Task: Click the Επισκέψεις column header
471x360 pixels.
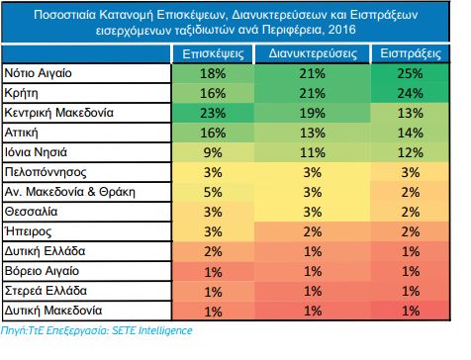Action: (213, 54)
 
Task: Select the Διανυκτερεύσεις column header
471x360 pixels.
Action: (313, 53)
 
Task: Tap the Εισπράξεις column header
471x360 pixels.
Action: (411, 53)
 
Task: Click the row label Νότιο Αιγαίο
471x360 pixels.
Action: (38, 73)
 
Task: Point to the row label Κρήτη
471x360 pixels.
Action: (21, 93)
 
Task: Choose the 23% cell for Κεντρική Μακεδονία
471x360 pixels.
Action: (213, 114)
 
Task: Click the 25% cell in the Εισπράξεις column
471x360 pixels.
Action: (410, 73)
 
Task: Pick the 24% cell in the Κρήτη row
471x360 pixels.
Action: (410, 93)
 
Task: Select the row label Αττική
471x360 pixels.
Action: (21, 133)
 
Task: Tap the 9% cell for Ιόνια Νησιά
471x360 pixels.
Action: (213, 152)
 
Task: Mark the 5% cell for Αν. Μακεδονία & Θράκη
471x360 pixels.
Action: (213, 192)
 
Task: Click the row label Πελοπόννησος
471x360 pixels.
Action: (46, 172)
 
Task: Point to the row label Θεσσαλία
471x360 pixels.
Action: (31, 212)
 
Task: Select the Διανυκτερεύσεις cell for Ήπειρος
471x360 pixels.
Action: (313, 231)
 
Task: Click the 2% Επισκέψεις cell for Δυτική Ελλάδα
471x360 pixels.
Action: (213, 252)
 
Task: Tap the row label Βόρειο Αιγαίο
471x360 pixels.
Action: (42, 271)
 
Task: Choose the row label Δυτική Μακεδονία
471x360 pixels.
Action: (53, 311)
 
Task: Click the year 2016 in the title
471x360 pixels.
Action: (341, 30)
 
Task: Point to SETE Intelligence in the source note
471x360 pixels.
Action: (152, 330)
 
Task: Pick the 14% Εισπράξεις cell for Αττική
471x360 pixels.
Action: (410, 134)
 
